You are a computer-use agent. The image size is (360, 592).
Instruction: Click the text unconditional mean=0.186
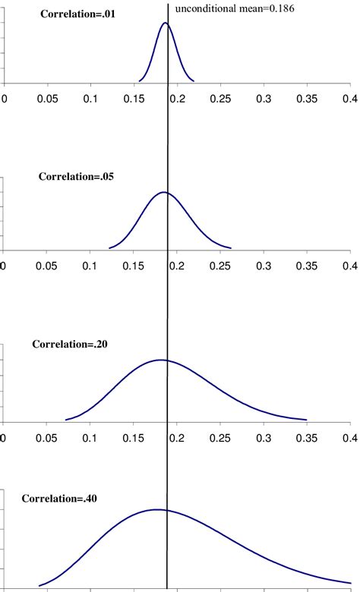click(x=235, y=9)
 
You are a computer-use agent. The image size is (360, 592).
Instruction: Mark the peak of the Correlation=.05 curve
click(x=163, y=192)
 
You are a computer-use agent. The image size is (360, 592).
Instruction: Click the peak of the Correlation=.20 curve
click(x=161, y=360)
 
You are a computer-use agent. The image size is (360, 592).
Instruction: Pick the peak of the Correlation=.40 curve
click(x=156, y=509)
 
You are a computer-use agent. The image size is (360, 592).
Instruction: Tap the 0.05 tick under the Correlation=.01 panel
click(x=48, y=99)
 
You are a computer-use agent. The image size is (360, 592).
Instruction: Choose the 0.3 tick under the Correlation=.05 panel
click(x=264, y=266)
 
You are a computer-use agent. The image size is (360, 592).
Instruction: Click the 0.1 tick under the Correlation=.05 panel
click(x=91, y=266)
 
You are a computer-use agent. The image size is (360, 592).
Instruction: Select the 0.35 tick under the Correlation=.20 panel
click(x=308, y=438)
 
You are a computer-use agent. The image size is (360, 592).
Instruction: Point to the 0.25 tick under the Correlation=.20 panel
click(x=221, y=438)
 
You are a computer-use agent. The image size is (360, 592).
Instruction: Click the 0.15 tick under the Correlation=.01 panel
click(x=134, y=99)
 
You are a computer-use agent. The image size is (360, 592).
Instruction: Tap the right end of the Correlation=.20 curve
click(x=306, y=419)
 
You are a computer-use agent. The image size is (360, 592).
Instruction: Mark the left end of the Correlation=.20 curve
click(x=66, y=420)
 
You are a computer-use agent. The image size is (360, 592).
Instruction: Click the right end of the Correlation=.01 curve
click(x=194, y=80)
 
